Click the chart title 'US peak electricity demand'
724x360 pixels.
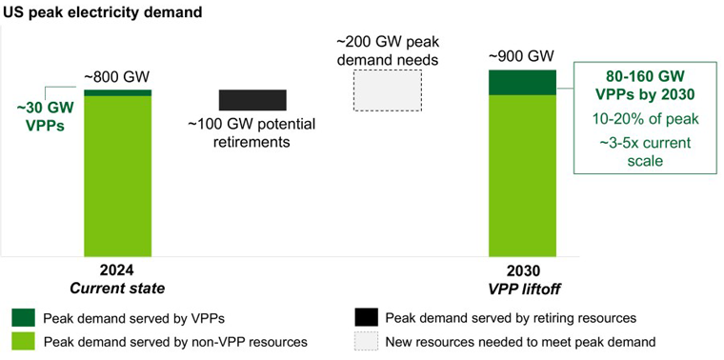(103, 12)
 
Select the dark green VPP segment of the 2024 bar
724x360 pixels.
(118, 92)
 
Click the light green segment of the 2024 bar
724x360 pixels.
(118, 176)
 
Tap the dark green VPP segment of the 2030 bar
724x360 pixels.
(523, 83)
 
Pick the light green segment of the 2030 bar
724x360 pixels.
(523, 175)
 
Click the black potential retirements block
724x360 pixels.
(252, 100)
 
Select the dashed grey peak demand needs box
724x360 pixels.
(388, 90)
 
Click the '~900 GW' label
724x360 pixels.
(522, 58)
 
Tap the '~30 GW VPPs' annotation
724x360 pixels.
(46, 117)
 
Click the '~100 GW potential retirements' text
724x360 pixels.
(251, 133)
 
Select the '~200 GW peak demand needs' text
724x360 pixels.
(388, 51)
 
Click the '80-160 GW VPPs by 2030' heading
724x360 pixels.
(645, 85)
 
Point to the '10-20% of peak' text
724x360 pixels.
(645, 119)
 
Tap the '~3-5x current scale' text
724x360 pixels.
(645, 151)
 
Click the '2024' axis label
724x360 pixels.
(118, 270)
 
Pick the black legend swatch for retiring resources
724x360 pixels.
(366, 317)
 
